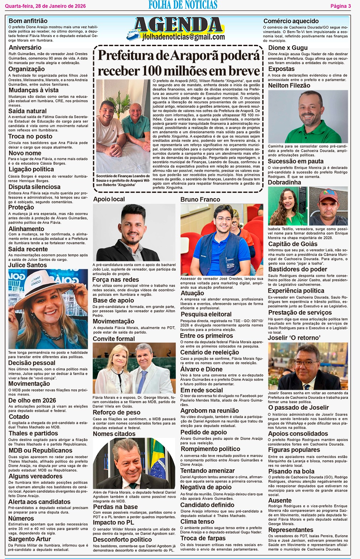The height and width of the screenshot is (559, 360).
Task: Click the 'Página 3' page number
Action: [x=340, y=6]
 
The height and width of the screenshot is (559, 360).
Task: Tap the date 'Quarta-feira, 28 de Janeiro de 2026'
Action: [x=46, y=6]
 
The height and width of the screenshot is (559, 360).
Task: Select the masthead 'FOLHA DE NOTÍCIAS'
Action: [x=183, y=5]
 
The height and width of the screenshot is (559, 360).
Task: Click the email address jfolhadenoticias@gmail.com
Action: [x=183, y=37]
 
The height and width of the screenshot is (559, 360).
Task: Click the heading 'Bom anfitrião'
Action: [x=28, y=21]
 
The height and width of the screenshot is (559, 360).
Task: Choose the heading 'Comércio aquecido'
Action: [x=291, y=21]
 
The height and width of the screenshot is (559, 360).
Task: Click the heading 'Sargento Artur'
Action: [x=30, y=539]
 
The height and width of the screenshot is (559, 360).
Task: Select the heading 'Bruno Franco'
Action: [x=200, y=199]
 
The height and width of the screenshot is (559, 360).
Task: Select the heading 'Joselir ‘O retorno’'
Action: [x=294, y=337]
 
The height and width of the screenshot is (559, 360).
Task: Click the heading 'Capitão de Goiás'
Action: [x=293, y=244]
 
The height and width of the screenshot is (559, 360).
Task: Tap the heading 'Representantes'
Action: [x=290, y=530]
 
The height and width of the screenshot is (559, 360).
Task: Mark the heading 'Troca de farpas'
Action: [x=203, y=538]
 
